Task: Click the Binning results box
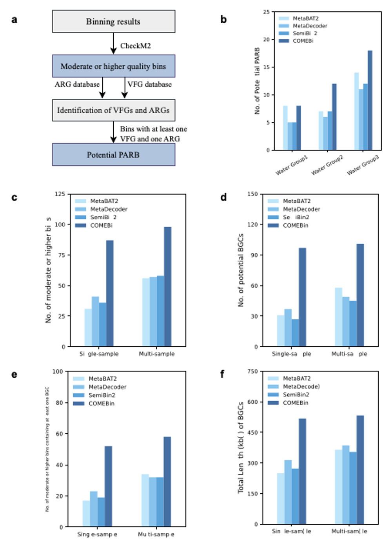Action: (x=114, y=22)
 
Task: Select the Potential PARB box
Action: (x=114, y=155)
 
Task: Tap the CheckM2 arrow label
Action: (x=135, y=46)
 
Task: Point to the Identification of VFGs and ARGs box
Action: (x=114, y=110)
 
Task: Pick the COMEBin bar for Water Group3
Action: (x=370, y=100)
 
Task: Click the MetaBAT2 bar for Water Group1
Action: (x=285, y=128)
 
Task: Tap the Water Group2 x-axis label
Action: (x=327, y=165)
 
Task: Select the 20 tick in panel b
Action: (x=267, y=40)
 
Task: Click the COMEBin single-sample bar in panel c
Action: (x=110, y=293)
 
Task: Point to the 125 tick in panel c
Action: (x=60, y=194)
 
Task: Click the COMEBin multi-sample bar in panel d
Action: (x=360, y=295)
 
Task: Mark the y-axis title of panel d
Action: (x=241, y=270)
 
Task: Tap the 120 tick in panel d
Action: (x=253, y=225)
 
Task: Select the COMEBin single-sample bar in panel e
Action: (x=108, y=486)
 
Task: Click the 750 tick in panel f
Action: (x=253, y=371)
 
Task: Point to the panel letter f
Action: (x=222, y=374)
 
